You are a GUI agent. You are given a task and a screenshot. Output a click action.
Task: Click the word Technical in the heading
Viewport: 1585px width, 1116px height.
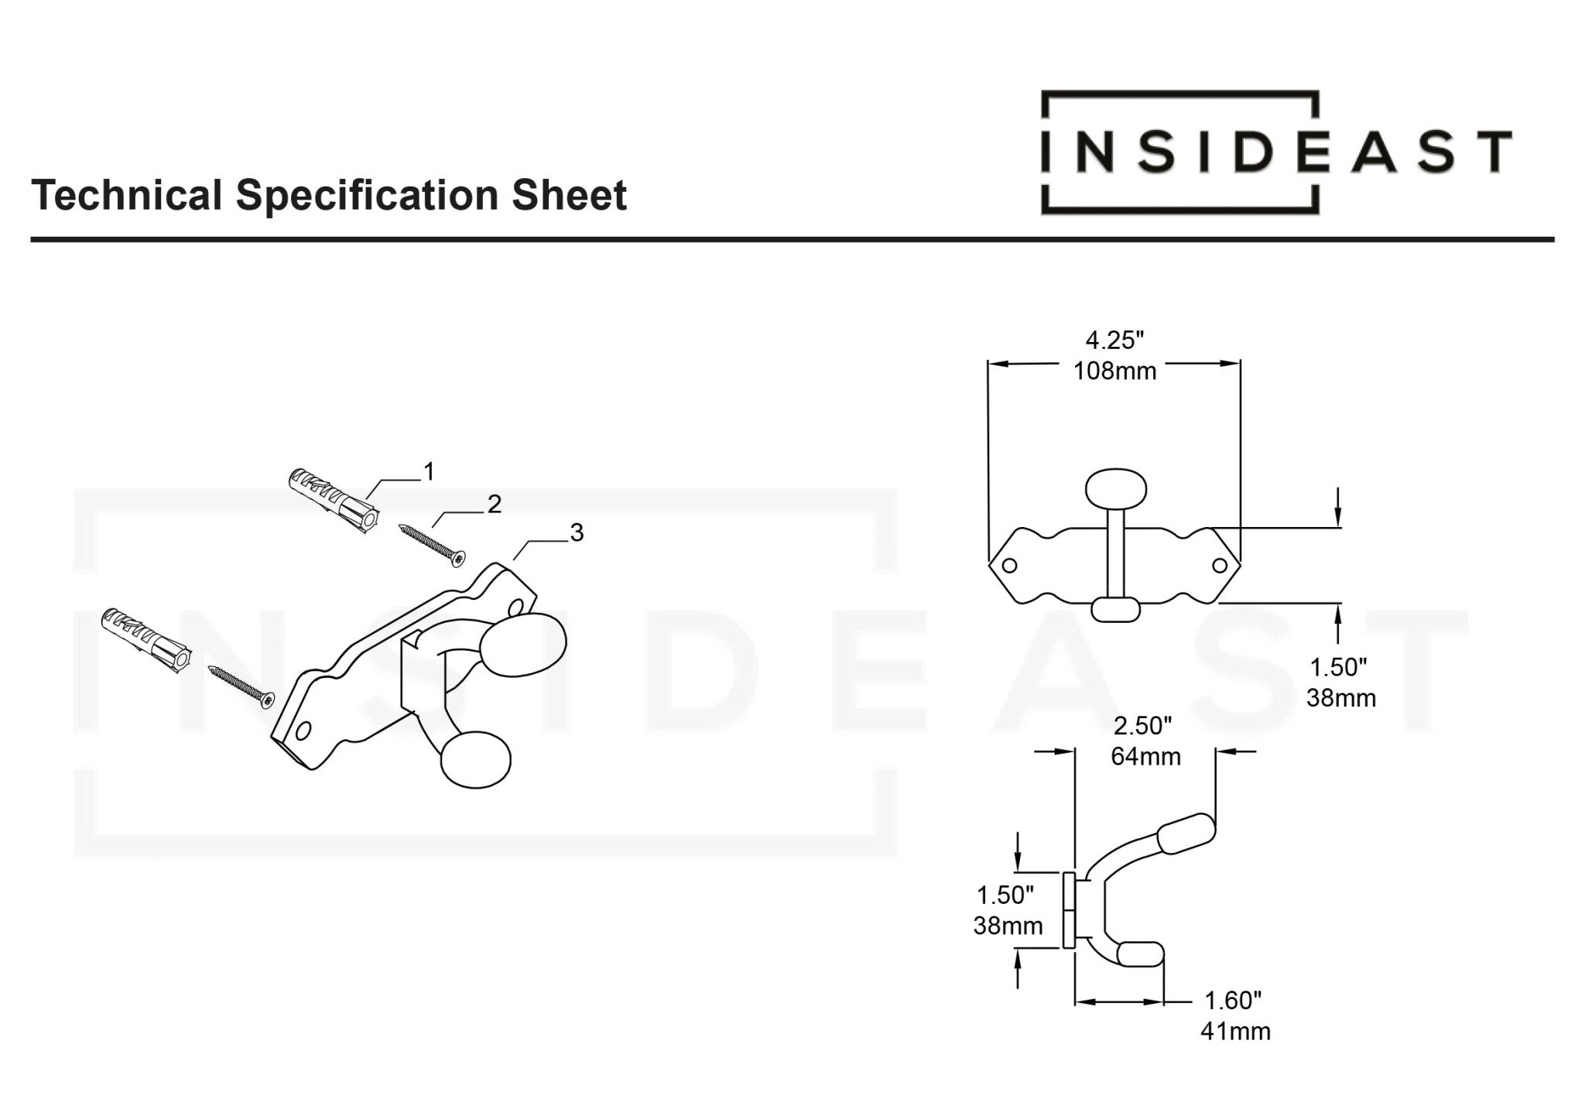pos(126,195)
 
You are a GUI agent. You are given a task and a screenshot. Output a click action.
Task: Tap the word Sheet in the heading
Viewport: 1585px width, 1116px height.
pos(569,195)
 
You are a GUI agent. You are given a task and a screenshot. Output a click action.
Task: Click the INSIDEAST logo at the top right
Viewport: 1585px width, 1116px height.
pos(1275,152)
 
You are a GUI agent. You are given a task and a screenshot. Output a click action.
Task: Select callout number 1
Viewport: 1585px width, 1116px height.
pos(429,471)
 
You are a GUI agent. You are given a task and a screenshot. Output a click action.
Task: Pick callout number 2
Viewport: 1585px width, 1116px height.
pos(495,505)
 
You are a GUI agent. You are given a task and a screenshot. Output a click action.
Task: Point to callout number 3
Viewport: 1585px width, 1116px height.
pos(577,532)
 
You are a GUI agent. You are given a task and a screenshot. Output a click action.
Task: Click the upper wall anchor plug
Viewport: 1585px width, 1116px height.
pos(333,501)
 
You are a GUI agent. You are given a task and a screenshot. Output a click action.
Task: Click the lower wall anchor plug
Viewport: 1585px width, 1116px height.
pos(145,640)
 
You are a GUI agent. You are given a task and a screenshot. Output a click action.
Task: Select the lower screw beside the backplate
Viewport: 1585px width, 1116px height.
pos(241,686)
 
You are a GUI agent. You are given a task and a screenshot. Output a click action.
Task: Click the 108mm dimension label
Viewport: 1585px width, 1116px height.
pos(1114,371)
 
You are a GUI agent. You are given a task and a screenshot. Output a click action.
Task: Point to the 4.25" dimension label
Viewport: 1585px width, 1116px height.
pos(1114,340)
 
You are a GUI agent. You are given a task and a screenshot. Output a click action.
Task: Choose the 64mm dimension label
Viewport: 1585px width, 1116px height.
pos(1145,756)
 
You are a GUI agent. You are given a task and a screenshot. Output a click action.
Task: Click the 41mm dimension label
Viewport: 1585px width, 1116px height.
pos(1235,1032)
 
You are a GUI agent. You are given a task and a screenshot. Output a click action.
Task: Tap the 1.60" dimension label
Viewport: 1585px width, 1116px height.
pos(1233,1001)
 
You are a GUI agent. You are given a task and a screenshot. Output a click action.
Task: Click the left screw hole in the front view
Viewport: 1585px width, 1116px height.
pos(1009,566)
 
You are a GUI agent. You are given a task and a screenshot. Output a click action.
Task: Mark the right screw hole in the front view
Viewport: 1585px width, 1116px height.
pos(1220,566)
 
